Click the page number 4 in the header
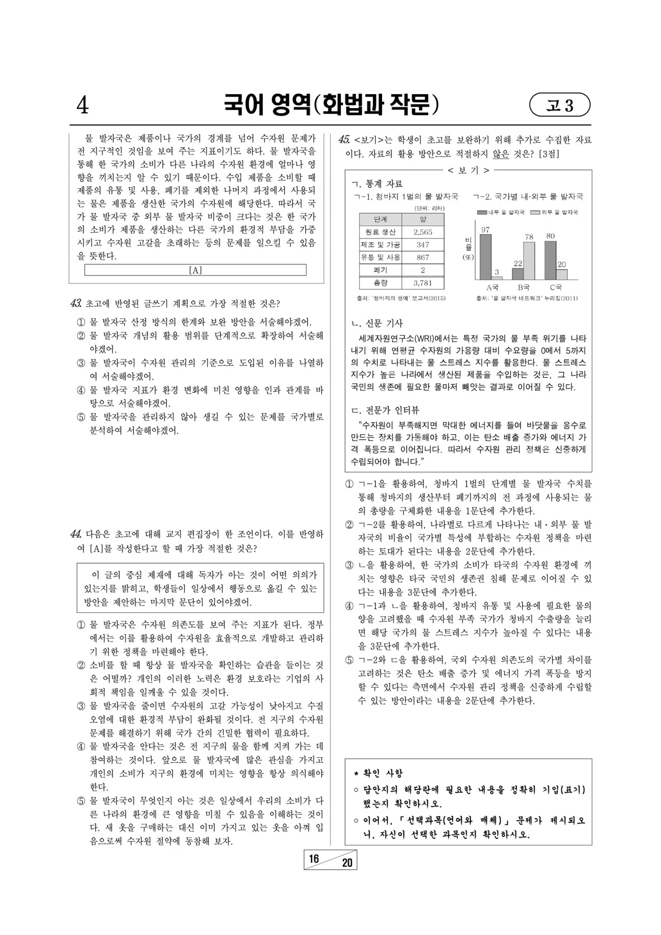click(83, 105)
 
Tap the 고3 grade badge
click(560, 105)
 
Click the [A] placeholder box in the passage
click(195, 270)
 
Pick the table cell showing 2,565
click(422, 232)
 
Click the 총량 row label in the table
click(380, 283)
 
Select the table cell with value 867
click(422, 257)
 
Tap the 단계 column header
click(380, 219)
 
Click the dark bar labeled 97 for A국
click(485, 257)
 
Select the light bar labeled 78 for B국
click(529, 261)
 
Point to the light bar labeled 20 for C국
click(562, 274)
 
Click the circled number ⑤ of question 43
click(81, 417)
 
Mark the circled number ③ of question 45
click(350, 565)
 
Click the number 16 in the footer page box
click(314, 859)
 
